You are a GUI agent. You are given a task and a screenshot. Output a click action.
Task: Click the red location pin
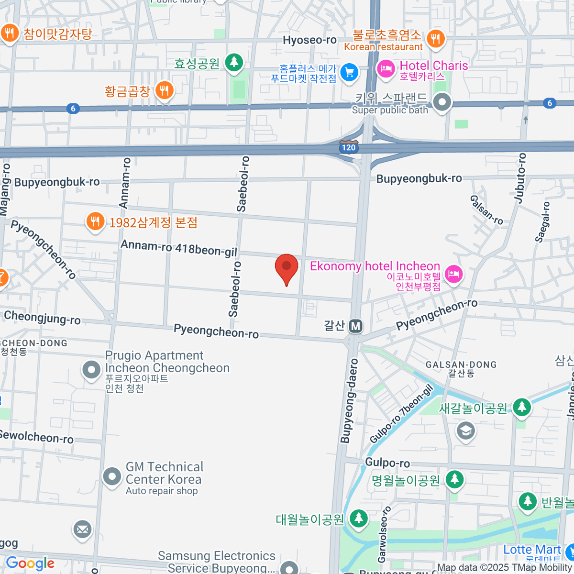pyautogui.click(x=287, y=267)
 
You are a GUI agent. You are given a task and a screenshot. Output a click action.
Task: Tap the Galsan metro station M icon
pyautogui.click(x=355, y=326)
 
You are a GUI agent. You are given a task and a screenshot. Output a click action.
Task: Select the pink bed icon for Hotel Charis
pyautogui.click(x=386, y=69)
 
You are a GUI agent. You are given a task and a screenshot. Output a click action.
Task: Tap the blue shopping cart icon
pyautogui.click(x=350, y=73)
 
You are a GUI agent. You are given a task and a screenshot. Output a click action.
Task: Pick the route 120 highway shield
pyautogui.click(x=348, y=147)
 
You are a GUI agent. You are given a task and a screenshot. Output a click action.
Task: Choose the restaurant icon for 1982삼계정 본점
pyautogui.click(x=95, y=221)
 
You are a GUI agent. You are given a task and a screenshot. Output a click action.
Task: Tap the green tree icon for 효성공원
pyautogui.click(x=234, y=62)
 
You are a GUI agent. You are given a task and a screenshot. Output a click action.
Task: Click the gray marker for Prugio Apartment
pyautogui.click(x=91, y=370)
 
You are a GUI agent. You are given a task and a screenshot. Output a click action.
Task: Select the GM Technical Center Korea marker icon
pyautogui.click(x=112, y=476)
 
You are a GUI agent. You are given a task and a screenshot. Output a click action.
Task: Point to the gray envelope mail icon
pyautogui.click(x=82, y=529)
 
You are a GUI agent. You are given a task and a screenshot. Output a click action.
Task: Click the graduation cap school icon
pyautogui.click(x=465, y=430)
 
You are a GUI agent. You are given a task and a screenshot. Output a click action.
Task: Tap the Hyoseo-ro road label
pyautogui.click(x=309, y=40)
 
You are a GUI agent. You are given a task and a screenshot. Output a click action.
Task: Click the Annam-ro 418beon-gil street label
pyautogui.click(x=178, y=248)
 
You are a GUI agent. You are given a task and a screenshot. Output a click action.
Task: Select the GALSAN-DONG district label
pyautogui.click(x=461, y=365)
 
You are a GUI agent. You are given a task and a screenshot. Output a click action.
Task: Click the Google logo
pyautogui.click(x=30, y=563)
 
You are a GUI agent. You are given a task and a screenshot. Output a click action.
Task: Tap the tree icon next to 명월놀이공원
pyautogui.click(x=454, y=479)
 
